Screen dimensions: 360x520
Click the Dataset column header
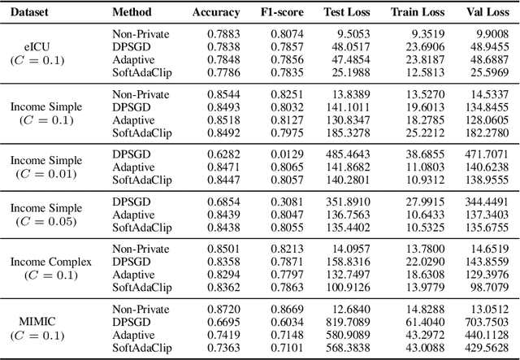[x=33, y=12]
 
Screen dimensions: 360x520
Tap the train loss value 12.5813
[x=425, y=72]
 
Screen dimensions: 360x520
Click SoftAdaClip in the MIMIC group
[x=142, y=348]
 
